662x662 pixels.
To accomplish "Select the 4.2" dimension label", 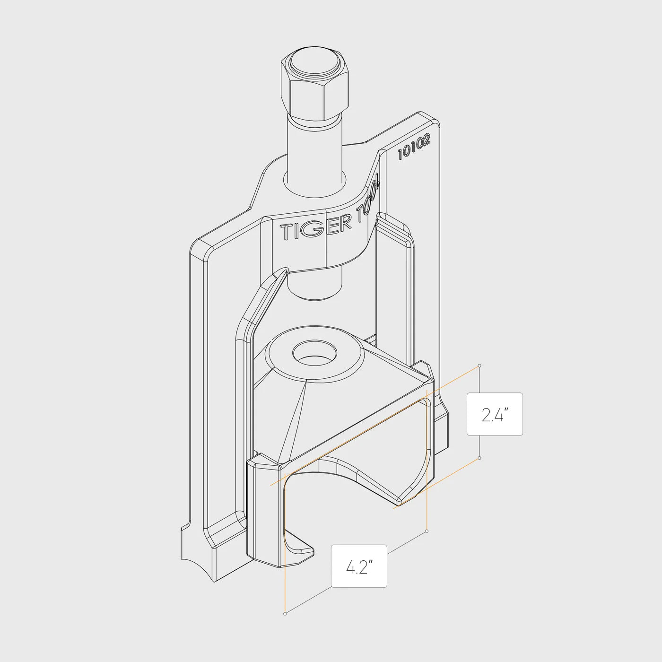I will click(x=359, y=566).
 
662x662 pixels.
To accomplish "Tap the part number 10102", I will click(x=414, y=148).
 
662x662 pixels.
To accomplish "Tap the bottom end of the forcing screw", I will click(x=314, y=291).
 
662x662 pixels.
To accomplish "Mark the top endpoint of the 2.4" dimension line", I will click(x=480, y=366).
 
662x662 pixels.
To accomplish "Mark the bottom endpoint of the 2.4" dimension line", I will click(x=480, y=458).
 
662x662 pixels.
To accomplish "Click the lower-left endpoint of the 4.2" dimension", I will click(x=285, y=613).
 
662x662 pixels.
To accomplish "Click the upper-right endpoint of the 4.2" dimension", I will click(x=427, y=531).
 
